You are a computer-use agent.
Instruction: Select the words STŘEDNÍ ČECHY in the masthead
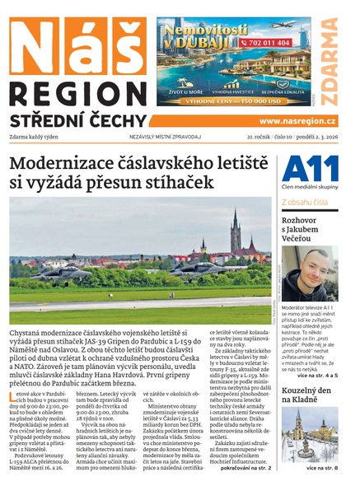[x=78, y=120]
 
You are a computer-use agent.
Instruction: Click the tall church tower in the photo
[x=234, y=231]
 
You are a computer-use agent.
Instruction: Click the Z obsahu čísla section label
[x=305, y=201]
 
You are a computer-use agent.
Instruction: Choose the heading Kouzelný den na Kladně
[x=309, y=392]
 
